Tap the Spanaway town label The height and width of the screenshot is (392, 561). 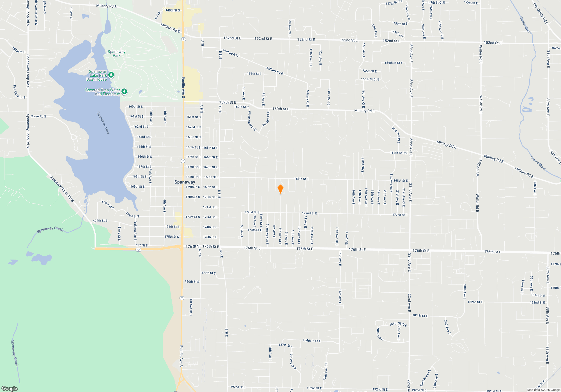tap(185, 182)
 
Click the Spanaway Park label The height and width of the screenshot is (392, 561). tap(116, 53)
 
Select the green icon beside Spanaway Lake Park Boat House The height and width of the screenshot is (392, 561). tap(111, 75)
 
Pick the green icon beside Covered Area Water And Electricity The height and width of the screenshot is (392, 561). tap(124, 92)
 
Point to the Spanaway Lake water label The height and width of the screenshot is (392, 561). tap(103, 123)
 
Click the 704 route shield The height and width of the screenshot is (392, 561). tap(138, 249)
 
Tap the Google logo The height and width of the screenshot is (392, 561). tap(10, 388)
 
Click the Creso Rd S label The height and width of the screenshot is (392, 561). tap(38, 116)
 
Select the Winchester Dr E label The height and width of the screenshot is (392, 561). tap(252, 121)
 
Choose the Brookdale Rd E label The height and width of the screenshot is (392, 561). tap(540, 13)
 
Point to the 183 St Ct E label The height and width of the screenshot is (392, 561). tap(420, 316)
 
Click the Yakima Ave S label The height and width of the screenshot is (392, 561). tap(135, 231)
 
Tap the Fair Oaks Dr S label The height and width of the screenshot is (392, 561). tap(19, 92)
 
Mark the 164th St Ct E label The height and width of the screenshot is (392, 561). tap(399, 153)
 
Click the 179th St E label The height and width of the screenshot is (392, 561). tap(208, 273)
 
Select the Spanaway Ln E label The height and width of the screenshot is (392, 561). tap(267, 234)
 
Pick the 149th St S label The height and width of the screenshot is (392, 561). tap(173, 10)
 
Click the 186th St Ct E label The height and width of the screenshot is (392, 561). tap(312, 340)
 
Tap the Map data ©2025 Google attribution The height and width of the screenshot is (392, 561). tap(543, 390)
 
